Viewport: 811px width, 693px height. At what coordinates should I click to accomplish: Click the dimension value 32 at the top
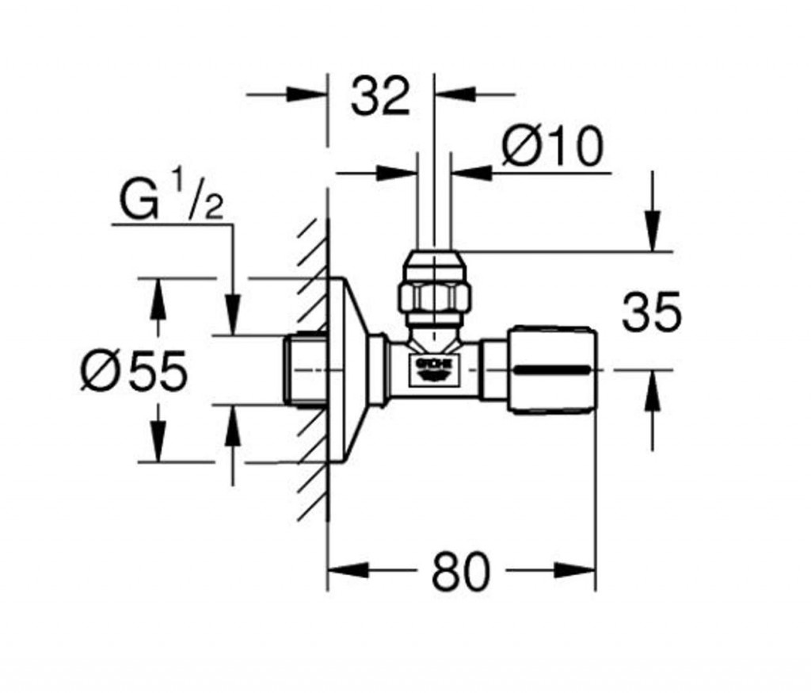(380, 97)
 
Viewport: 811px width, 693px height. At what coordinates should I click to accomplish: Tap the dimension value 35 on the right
(651, 312)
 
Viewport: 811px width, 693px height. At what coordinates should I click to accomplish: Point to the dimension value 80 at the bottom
(460, 572)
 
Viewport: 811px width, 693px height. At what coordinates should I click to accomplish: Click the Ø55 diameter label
(135, 370)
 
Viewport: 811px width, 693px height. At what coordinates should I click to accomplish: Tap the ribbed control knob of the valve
(553, 369)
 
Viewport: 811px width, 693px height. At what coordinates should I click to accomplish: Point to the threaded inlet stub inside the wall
(305, 370)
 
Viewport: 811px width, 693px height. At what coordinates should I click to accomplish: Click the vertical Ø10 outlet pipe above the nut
(434, 206)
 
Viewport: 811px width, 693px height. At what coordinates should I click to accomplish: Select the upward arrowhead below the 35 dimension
(652, 391)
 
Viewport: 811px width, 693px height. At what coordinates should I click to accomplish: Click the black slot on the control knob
(552, 369)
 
